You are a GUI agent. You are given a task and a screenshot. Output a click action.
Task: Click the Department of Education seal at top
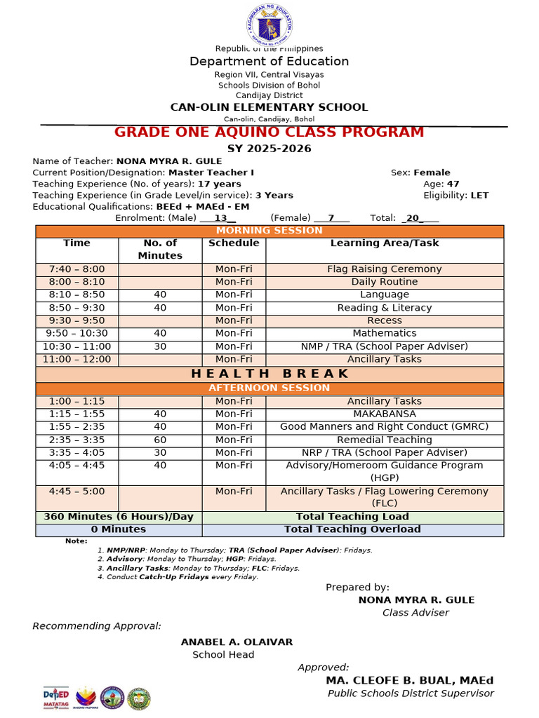click(269, 25)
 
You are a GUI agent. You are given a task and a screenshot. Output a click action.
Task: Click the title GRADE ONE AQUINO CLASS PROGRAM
click(269, 133)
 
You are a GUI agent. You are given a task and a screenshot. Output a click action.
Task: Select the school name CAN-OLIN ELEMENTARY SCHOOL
click(269, 107)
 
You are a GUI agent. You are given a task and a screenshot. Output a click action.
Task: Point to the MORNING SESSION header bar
click(269, 231)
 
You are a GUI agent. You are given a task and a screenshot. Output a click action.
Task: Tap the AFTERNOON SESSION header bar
click(269, 388)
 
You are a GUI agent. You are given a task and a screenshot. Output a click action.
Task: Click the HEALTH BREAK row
click(269, 373)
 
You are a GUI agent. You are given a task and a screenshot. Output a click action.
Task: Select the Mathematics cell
click(385, 334)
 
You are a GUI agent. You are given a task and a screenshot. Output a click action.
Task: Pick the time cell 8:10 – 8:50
click(76, 295)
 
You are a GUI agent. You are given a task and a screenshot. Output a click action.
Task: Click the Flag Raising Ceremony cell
click(385, 269)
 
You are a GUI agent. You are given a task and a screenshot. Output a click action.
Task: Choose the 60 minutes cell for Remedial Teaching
click(160, 440)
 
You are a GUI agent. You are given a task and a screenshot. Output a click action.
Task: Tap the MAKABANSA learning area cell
click(385, 414)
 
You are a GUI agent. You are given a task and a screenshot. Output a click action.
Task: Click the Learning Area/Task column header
click(385, 243)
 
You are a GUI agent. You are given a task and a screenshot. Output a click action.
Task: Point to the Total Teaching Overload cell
click(352, 530)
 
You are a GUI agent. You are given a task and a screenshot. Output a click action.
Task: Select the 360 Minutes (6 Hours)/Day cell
click(119, 517)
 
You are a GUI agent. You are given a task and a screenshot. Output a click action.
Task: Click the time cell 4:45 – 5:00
click(76, 492)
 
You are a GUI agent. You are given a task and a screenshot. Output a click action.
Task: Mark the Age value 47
click(453, 184)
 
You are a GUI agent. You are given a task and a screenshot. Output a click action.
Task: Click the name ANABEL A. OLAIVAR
click(237, 642)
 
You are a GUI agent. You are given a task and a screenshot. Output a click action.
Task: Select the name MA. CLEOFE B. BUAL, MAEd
click(409, 681)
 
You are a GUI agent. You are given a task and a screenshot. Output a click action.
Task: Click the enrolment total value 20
click(414, 219)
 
